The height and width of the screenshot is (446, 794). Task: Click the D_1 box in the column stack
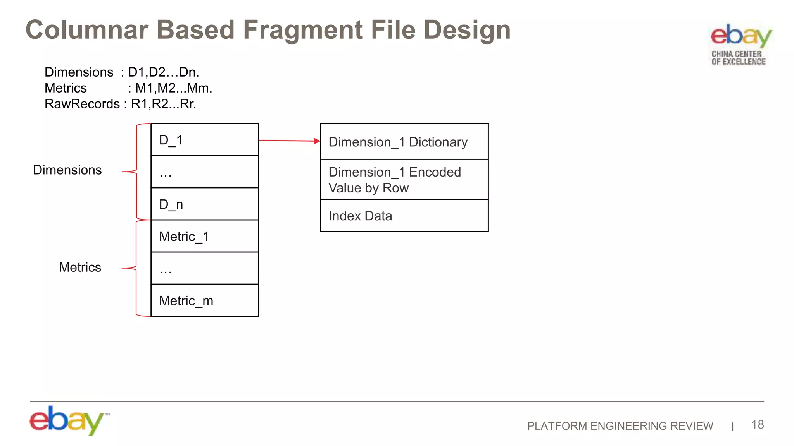tap(204, 140)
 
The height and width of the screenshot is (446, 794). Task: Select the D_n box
tap(204, 204)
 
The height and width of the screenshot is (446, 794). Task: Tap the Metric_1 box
tap(204, 236)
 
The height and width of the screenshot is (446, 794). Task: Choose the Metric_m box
tap(204, 300)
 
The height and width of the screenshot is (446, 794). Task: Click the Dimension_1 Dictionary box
tap(404, 142)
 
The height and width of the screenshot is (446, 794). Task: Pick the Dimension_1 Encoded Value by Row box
tap(404, 180)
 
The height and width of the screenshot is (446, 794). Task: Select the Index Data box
tap(404, 216)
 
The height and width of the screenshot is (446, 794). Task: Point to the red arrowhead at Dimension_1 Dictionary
tap(317, 141)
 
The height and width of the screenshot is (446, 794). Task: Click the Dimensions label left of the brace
tap(67, 170)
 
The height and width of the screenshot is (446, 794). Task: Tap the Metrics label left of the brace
tap(80, 267)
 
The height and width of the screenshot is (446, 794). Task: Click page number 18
tap(757, 424)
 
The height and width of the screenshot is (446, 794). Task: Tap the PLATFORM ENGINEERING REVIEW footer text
tap(620, 426)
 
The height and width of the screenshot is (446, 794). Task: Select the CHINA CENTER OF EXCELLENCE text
tap(738, 58)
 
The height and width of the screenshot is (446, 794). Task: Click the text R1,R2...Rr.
tap(163, 104)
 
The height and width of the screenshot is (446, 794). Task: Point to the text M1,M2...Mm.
tap(173, 88)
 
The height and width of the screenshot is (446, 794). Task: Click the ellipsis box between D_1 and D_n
tap(204, 172)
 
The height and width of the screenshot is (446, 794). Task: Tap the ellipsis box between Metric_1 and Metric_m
tap(204, 268)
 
